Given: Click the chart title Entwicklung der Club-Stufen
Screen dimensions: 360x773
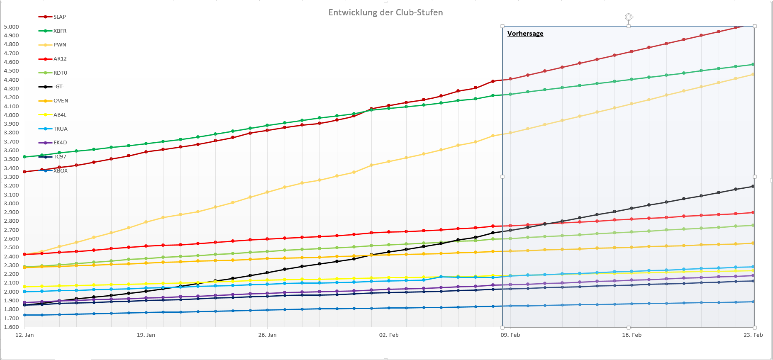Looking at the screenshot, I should click(385, 12).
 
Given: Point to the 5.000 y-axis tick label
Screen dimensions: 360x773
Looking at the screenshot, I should click(11, 27).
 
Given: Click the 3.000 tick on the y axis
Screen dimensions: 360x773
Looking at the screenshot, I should click(11, 203).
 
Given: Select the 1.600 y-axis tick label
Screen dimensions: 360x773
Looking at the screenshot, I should click(11, 327).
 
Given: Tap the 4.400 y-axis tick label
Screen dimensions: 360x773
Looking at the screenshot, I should click(11, 80).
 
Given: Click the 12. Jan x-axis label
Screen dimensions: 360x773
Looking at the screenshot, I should click(24, 335).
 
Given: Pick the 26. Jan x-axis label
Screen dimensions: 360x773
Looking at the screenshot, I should click(267, 335).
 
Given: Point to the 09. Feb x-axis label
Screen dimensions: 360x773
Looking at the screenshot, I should click(510, 335).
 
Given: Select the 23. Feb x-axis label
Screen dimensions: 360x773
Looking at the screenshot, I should click(753, 335).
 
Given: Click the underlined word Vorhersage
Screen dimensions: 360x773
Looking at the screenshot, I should click(525, 34).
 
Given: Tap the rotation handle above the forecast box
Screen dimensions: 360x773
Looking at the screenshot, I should click(629, 17).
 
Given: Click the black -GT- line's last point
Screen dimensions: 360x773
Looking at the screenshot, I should click(753, 186).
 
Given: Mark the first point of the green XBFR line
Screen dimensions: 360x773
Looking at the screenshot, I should click(24, 157).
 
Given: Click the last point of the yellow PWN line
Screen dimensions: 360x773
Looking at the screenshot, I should click(753, 74).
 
